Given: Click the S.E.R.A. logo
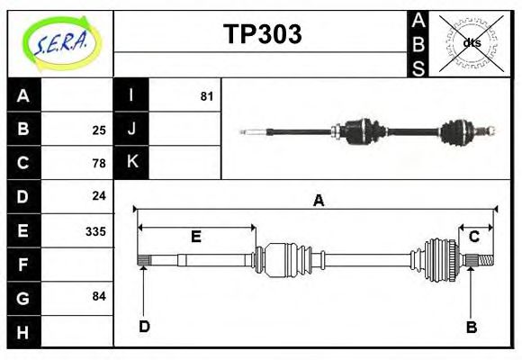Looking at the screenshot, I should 60,43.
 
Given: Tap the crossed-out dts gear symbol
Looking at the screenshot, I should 471,42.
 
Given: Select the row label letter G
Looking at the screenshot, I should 23,297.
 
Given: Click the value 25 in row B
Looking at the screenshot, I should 99,130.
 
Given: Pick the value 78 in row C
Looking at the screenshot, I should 99,164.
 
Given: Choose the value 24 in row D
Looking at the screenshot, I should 99,195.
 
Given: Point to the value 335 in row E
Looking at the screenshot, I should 95,230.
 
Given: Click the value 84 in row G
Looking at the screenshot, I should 99,296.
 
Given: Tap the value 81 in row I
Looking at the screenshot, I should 206,95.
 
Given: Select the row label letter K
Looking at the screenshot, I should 131,162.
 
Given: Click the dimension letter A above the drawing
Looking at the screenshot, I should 318,201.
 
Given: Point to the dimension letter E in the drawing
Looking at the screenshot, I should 195,237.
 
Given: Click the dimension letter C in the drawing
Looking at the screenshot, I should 473,236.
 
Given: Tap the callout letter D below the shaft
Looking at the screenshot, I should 144,327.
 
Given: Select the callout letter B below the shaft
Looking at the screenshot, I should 471,327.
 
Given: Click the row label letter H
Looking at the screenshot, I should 23,332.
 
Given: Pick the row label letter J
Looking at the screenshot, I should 131,129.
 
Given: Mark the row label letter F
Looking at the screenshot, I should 23,265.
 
